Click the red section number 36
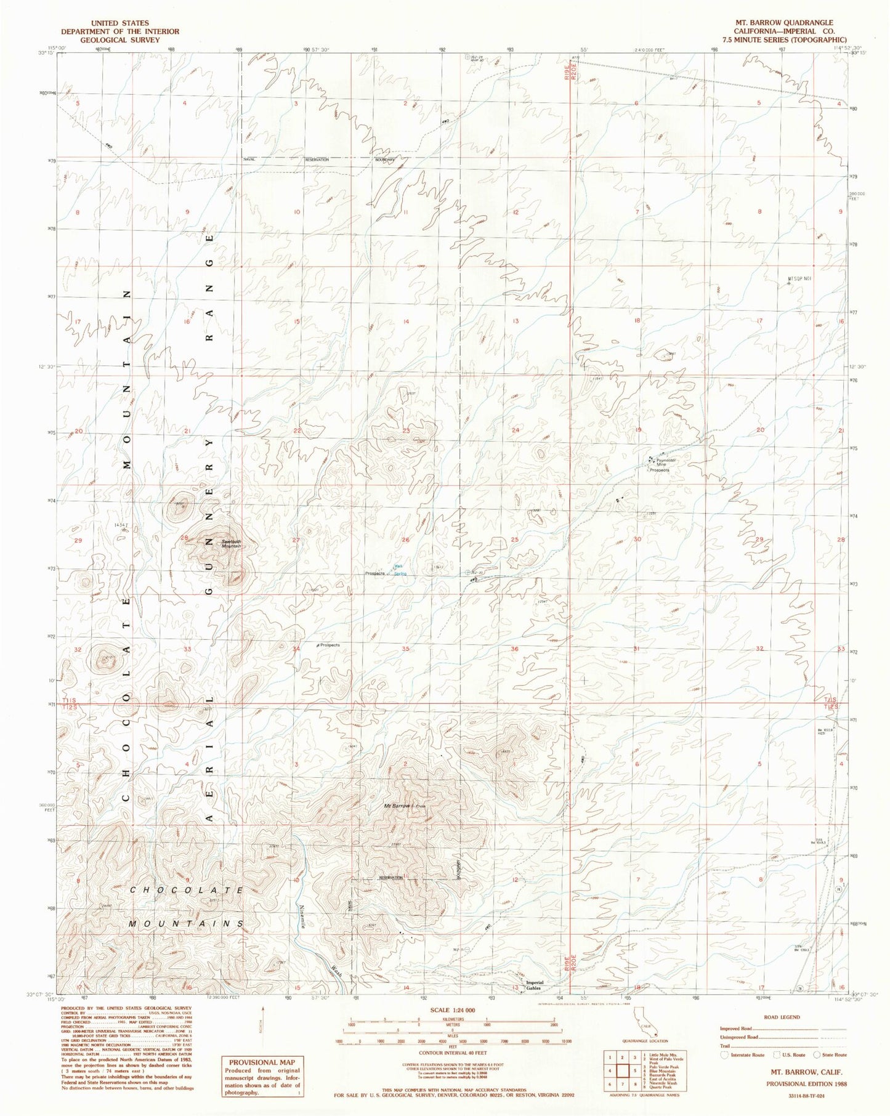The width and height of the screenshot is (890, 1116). click(x=515, y=649)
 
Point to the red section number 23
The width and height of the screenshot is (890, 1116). click(x=407, y=431)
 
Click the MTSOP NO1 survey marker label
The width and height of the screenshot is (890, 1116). click(x=800, y=278)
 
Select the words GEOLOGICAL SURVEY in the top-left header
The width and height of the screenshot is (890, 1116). click(x=120, y=39)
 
